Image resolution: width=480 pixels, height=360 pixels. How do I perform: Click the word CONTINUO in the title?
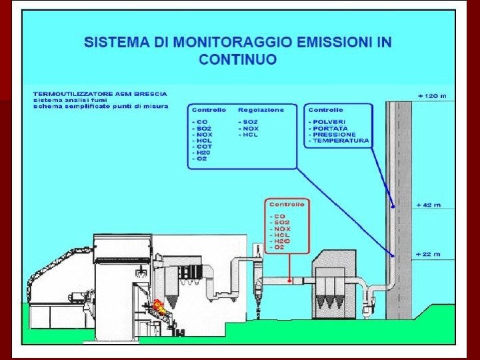point(237,59)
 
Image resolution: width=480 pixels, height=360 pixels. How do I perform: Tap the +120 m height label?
point(431,96)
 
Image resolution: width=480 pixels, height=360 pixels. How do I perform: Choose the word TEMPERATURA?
point(341,141)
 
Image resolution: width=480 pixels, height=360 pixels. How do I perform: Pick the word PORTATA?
point(330,128)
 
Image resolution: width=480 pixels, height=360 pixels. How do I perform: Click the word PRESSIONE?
point(335,135)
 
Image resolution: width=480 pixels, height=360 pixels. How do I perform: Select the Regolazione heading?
point(261,109)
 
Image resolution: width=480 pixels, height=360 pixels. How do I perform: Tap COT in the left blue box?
point(204,147)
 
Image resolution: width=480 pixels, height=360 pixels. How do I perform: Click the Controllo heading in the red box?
point(287,205)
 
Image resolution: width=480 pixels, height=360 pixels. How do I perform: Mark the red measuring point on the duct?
point(289,281)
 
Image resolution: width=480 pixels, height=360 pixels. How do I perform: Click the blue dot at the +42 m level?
point(393,207)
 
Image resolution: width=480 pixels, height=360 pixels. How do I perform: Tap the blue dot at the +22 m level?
point(393,255)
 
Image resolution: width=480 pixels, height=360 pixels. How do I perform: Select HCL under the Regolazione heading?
point(251,135)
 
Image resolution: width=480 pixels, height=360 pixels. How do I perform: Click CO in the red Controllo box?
point(277,217)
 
